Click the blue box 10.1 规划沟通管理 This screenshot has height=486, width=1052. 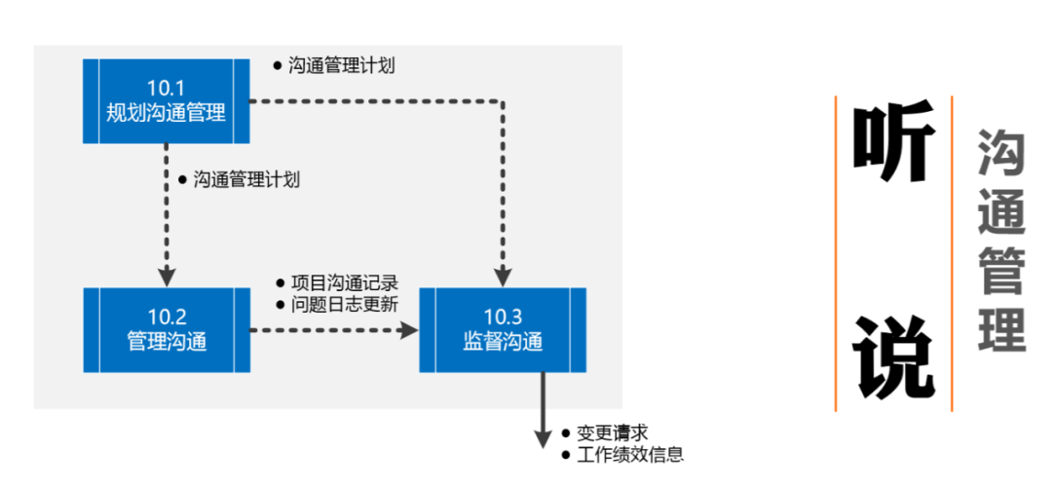166,101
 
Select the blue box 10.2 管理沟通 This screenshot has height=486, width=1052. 166,329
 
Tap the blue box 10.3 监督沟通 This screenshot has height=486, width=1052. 503,329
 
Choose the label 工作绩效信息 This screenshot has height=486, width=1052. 629,455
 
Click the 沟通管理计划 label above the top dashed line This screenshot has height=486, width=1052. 341,66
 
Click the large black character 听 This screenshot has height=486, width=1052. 893,144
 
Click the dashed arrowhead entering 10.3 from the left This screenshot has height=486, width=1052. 409,331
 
